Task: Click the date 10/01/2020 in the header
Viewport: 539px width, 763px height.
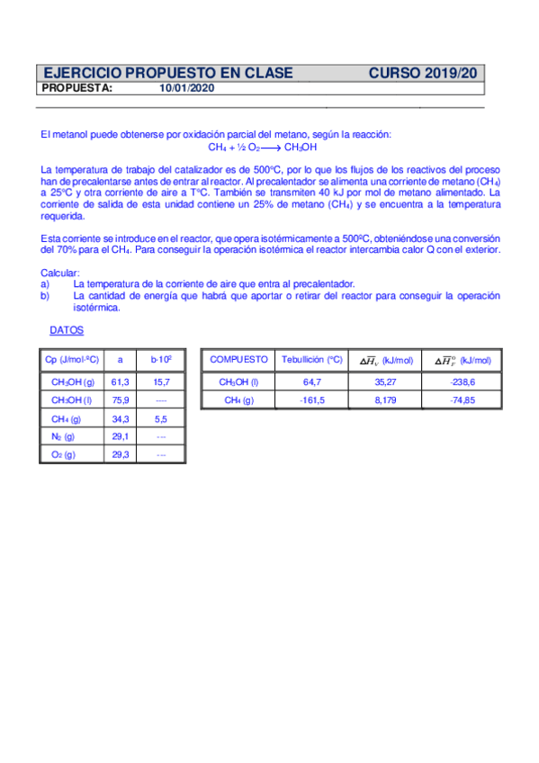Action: pyautogui.click(x=186, y=88)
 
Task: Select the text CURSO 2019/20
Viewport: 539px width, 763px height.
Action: pyautogui.click(x=427, y=73)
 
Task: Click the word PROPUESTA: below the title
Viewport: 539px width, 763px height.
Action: pyautogui.click(x=77, y=88)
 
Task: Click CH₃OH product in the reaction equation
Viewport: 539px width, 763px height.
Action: pyautogui.click(x=301, y=148)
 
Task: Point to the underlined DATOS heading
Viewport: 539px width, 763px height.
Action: pyautogui.click(x=67, y=330)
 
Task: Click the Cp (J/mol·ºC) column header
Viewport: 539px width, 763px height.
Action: pyautogui.click(x=71, y=360)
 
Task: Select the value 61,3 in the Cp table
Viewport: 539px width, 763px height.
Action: pyautogui.click(x=120, y=381)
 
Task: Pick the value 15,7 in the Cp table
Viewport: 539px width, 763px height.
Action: pyautogui.click(x=162, y=381)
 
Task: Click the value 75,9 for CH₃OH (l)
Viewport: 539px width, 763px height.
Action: pyautogui.click(x=120, y=399)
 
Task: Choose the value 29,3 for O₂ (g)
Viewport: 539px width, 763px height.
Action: pyautogui.click(x=120, y=454)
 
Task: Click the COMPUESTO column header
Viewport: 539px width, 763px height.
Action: pyautogui.click(x=238, y=360)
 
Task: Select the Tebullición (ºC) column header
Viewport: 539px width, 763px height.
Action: pyautogui.click(x=311, y=360)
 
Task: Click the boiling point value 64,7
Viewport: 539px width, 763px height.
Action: pyautogui.click(x=311, y=381)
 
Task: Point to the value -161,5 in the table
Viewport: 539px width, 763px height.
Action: pyautogui.click(x=311, y=399)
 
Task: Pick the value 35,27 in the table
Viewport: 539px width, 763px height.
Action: pyautogui.click(x=385, y=381)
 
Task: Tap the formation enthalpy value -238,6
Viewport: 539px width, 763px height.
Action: pyautogui.click(x=462, y=381)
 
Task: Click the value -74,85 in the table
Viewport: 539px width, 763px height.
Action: pyautogui.click(x=462, y=399)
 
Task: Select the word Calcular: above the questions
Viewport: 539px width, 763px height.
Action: pyautogui.click(x=61, y=273)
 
